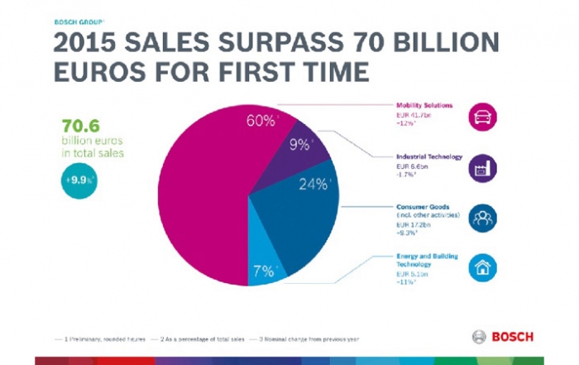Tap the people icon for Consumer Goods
[x=481, y=219]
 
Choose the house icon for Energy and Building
[x=481, y=268]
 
